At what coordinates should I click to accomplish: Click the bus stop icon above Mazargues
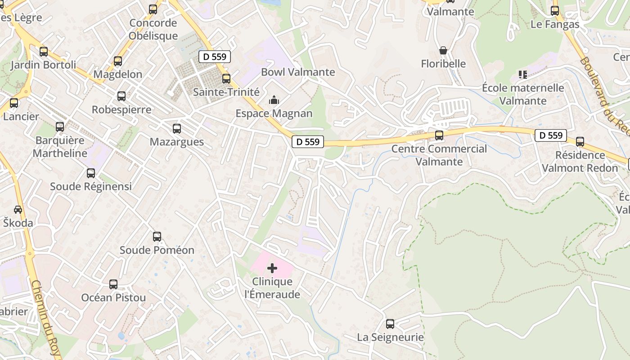point(177,129)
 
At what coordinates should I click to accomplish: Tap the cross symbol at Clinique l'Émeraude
point(272,269)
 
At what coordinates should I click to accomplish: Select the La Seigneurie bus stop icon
point(390,324)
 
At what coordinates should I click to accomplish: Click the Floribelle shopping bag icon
point(443,50)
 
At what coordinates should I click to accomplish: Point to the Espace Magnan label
point(274,113)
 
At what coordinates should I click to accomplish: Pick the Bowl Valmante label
point(298,72)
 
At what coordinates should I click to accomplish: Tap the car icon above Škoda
point(18,210)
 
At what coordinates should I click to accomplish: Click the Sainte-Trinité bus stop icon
point(226,79)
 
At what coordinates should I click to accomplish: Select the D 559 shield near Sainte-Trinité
point(215,57)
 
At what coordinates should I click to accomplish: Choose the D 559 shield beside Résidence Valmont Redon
point(551,135)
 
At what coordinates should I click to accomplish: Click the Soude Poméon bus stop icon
point(157,237)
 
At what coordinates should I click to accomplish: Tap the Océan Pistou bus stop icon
point(113,284)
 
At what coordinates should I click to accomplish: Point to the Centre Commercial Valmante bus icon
point(439,135)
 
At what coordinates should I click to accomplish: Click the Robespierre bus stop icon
point(121,96)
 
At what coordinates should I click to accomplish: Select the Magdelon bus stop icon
point(118,61)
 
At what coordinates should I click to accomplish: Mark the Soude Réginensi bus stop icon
point(91,173)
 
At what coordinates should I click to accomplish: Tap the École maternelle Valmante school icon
point(522,74)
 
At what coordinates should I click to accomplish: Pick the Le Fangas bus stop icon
point(555,11)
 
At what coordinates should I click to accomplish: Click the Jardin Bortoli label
point(43,65)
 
